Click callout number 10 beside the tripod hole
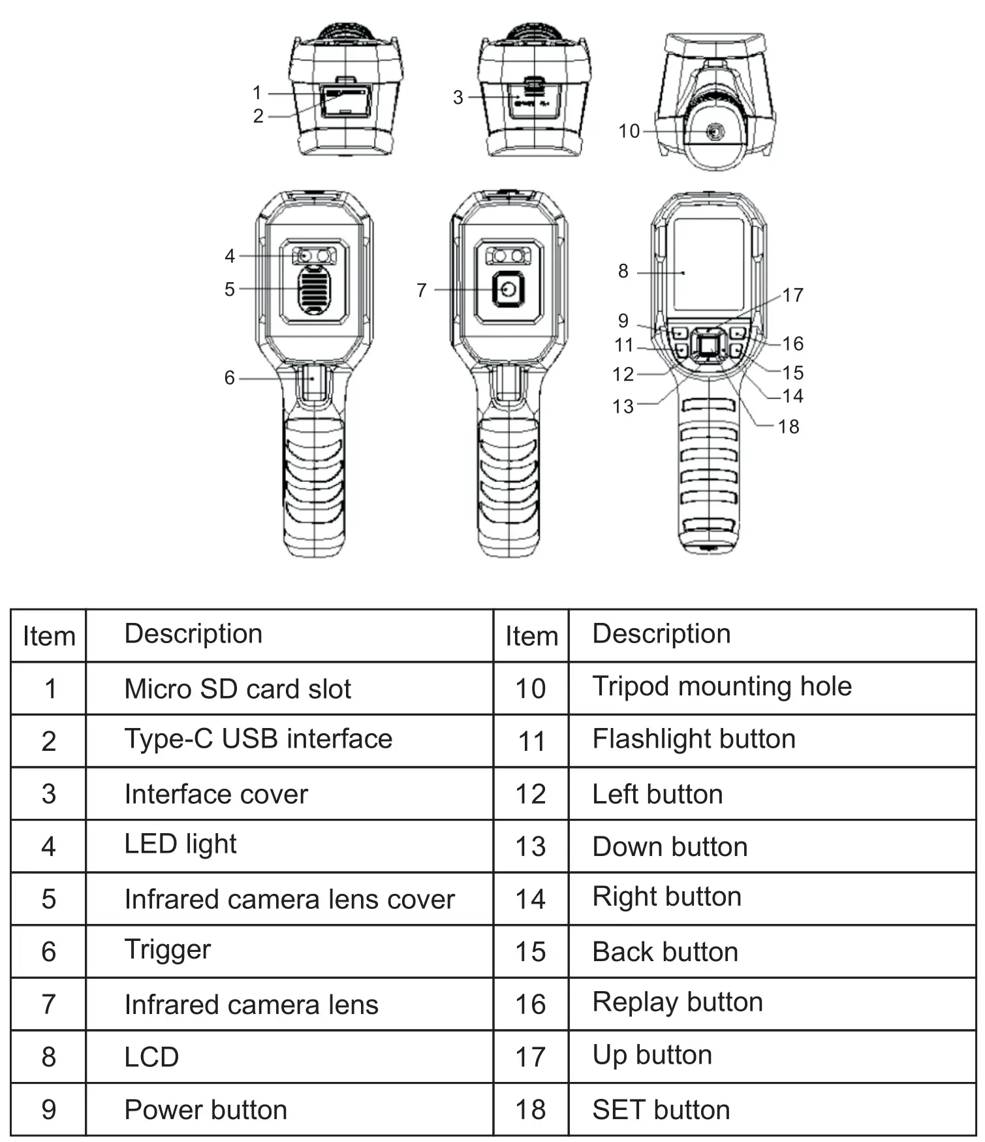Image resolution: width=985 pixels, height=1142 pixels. pos(629,131)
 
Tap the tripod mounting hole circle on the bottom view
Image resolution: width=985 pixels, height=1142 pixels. pos(715,133)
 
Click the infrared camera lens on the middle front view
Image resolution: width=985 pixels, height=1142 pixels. pos(508,289)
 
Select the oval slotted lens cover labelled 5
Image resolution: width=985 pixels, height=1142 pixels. pos(314,289)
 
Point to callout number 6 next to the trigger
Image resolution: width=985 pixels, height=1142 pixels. pos(229,377)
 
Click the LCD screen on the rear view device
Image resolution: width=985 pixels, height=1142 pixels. pos(708,264)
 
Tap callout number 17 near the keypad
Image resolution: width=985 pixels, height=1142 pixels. pos(792,295)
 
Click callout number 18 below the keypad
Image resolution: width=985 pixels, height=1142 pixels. pos(788,426)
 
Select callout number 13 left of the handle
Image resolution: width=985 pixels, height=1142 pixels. pos(623,406)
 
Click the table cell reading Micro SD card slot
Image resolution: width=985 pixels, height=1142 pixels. pos(238,689)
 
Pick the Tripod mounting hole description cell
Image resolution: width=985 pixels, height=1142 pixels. pos(721,686)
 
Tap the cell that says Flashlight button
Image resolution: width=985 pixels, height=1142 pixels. pos(693,739)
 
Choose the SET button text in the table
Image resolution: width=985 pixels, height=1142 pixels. pos(661,1109)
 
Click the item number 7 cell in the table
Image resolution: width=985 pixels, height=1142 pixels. pos(48,1004)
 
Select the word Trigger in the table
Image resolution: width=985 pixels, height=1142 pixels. pos(167,949)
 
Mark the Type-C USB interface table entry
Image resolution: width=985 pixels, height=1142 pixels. pos(258,739)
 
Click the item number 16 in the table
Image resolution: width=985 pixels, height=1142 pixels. pos(530,1004)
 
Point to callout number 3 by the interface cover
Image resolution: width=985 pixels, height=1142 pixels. pos(458,97)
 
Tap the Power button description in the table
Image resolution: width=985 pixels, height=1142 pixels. pos(206,1109)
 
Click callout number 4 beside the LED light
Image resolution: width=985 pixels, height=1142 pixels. pos(229,256)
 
